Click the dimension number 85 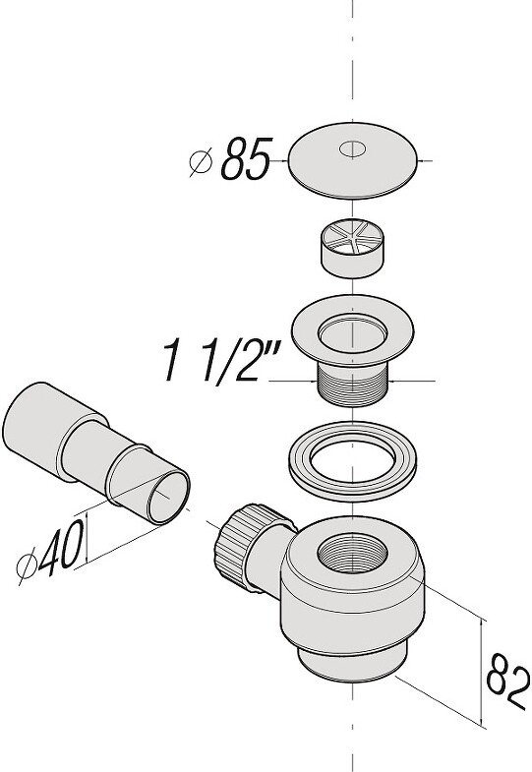pos(246,158)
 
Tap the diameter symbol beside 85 pos(201,161)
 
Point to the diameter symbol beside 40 pos(27,567)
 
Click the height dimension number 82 pos(507,682)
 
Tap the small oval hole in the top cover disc pos(352,149)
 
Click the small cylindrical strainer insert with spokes pos(352,248)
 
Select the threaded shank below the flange pos(352,384)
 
